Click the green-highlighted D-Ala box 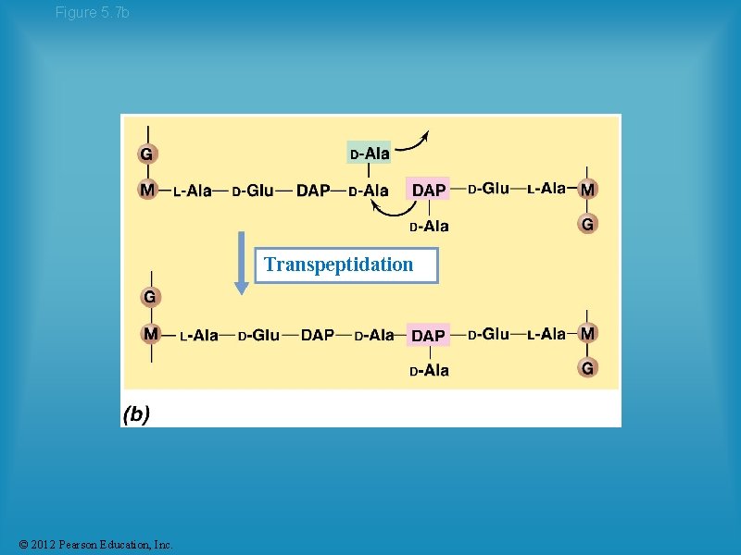(369, 153)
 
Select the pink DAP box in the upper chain (428, 190)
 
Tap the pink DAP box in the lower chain (428, 335)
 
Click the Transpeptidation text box (345, 265)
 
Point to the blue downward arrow (241, 263)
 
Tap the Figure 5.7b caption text (92, 12)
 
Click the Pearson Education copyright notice (94, 544)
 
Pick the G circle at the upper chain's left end (146, 153)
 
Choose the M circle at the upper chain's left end (147, 190)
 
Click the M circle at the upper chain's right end (587, 189)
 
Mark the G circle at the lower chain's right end (587, 368)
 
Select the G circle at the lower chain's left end (149, 297)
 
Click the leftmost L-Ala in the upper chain (193, 191)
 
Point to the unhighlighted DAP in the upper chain (313, 191)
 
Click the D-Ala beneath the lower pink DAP (429, 371)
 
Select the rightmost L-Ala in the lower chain (546, 334)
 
